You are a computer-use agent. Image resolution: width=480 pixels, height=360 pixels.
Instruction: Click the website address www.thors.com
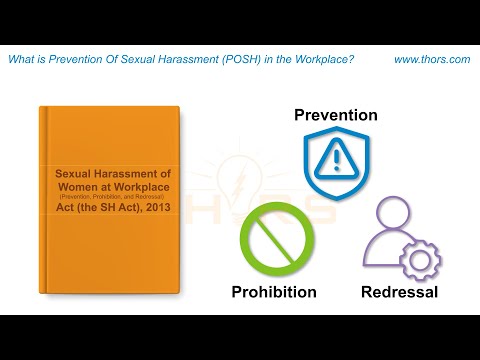pyautogui.click(x=432, y=60)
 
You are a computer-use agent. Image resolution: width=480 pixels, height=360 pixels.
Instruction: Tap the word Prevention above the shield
pyautogui.click(x=336, y=115)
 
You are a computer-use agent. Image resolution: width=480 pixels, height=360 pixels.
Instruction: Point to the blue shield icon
pyautogui.click(x=336, y=159)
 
